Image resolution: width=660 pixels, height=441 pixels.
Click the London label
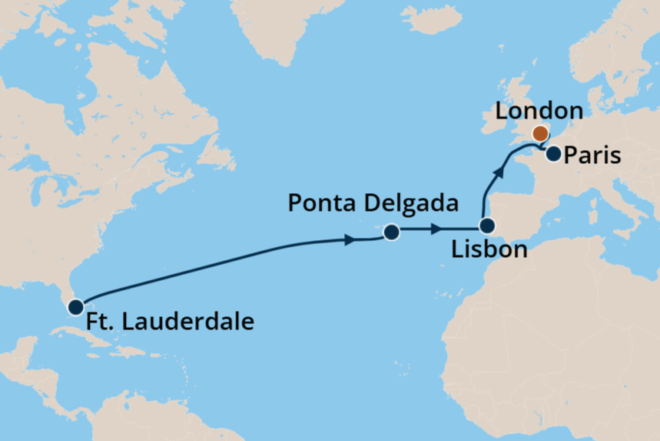click(539, 111)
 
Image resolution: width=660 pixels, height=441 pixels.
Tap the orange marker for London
click(540, 133)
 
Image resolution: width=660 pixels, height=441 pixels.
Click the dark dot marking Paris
click(553, 155)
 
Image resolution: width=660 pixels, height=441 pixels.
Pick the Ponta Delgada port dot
click(391, 232)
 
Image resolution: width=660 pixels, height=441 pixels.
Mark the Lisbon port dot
click(486, 226)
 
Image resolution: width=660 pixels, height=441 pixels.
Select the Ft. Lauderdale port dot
click(75, 307)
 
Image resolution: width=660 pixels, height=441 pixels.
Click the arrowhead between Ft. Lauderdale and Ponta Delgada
click(350, 240)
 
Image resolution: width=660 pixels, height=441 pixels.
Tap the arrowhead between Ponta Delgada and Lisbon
click(436, 229)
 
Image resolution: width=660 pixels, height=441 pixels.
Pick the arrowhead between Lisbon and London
click(500, 172)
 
